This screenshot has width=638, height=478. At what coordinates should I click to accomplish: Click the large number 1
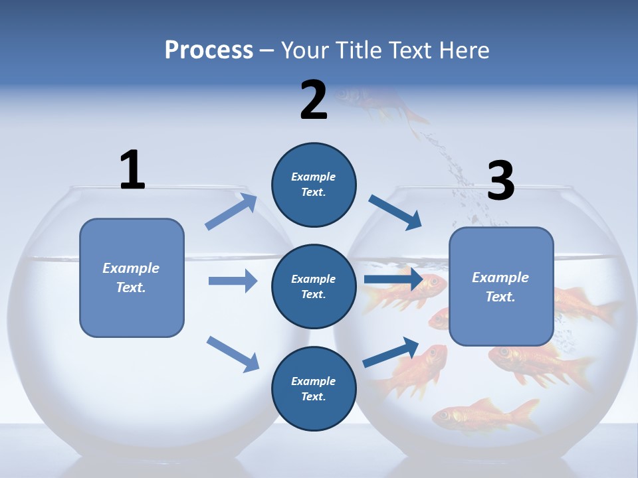pyautogui.click(x=132, y=171)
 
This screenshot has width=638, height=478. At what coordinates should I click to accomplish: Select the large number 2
pyautogui.click(x=314, y=100)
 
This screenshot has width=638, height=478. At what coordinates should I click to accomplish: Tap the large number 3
pyautogui.click(x=501, y=181)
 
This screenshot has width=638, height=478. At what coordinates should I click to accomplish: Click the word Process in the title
pyautogui.click(x=209, y=50)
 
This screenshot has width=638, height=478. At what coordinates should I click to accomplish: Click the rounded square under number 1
pyautogui.click(x=132, y=278)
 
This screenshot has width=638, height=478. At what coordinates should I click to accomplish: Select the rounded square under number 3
pyautogui.click(x=501, y=286)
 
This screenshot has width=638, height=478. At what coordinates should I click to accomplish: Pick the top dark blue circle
pyautogui.click(x=314, y=185)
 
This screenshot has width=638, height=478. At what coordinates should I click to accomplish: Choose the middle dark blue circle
pyautogui.click(x=314, y=286)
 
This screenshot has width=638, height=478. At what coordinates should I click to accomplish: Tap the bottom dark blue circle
pyautogui.click(x=314, y=388)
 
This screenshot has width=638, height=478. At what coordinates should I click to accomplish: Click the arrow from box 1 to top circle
pyautogui.click(x=231, y=212)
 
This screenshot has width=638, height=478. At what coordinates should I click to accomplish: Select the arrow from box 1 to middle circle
pyautogui.click(x=233, y=281)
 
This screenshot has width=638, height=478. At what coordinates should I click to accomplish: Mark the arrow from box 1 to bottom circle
pyautogui.click(x=233, y=353)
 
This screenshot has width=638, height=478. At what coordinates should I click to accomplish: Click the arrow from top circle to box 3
pyautogui.click(x=395, y=212)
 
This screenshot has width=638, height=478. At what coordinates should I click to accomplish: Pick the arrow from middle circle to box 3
pyautogui.click(x=393, y=279)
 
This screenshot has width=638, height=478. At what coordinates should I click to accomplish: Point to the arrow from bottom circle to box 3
pyautogui.click(x=391, y=352)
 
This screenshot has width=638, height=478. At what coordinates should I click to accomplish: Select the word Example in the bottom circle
pyautogui.click(x=314, y=381)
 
